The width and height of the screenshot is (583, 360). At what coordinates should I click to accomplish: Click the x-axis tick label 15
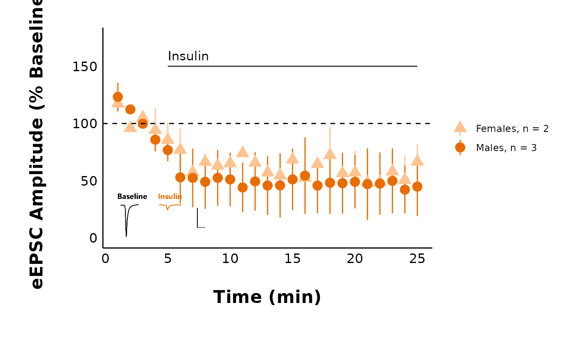point(292,259)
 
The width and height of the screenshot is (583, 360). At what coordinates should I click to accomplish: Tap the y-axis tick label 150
point(85,67)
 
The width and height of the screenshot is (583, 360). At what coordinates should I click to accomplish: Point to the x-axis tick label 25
point(417,259)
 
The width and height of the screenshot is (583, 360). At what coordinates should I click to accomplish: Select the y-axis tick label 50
point(89,181)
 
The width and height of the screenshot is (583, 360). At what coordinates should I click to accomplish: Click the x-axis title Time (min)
point(267,297)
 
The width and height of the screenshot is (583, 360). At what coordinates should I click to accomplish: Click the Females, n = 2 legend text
point(512,129)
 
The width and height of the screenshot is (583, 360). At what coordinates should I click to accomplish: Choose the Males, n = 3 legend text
point(506,148)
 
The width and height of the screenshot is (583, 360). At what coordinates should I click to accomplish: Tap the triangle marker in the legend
point(460,127)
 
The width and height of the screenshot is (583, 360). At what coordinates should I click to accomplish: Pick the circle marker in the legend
point(460,147)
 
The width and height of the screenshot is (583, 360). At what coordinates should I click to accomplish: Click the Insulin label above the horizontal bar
point(188,57)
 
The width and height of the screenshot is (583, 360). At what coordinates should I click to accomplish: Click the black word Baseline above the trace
point(132,196)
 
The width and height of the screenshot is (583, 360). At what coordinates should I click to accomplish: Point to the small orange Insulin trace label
point(170,196)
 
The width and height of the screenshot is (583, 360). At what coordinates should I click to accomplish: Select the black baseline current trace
point(126,221)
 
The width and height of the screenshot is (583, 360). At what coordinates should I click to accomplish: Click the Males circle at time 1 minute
point(118,97)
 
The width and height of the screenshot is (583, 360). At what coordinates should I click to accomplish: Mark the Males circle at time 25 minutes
point(417,186)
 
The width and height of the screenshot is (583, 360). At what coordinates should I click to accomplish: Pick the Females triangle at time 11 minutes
point(242,152)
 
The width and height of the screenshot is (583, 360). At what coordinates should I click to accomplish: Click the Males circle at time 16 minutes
point(305,176)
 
